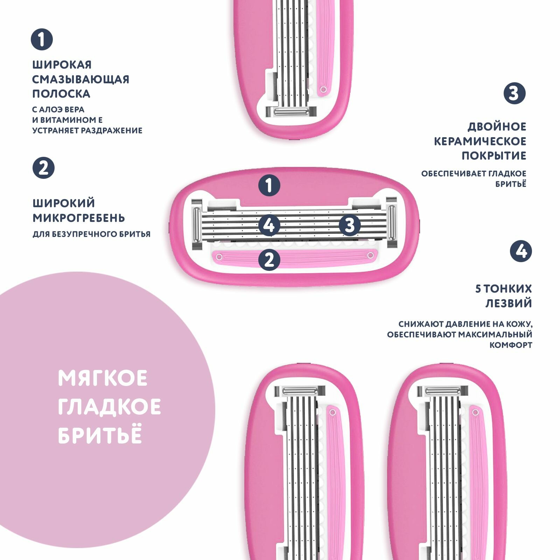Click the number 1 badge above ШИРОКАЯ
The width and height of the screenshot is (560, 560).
point(42,39)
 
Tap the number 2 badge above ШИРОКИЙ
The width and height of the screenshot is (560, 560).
point(43,168)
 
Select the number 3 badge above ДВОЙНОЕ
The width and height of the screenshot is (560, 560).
point(514,93)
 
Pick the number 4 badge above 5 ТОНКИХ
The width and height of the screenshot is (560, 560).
point(521,251)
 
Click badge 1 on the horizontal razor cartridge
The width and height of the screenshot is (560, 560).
point(269,185)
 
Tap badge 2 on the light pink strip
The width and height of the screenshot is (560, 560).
point(269,260)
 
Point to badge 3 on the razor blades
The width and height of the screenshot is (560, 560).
point(350,225)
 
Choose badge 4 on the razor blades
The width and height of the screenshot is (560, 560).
point(269,225)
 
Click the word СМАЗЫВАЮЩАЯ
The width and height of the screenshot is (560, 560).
point(81,79)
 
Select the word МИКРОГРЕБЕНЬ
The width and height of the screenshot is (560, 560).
point(79,218)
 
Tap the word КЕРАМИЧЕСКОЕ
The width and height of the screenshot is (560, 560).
point(480,141)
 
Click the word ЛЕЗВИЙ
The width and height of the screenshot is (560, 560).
point(509,303)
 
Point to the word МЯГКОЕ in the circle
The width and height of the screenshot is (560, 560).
point(103,378)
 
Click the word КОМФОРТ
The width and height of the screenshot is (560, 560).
point(511,345)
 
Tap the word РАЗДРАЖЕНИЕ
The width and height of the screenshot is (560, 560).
point(112,131)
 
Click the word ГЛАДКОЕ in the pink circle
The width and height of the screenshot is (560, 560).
point(109,407)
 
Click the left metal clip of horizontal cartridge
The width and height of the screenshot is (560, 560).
point(197,224)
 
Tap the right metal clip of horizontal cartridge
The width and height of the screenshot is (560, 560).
point(392,223)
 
